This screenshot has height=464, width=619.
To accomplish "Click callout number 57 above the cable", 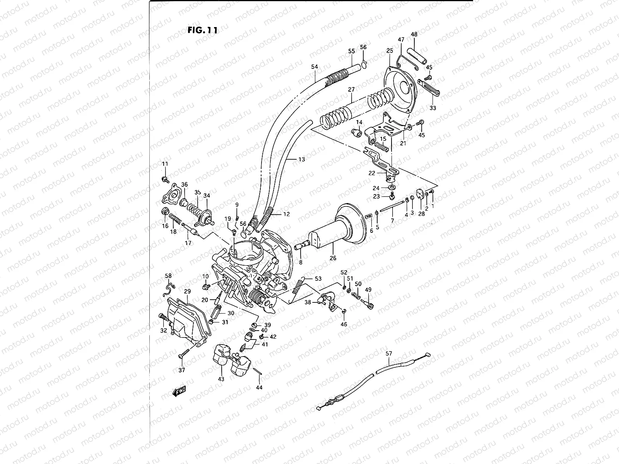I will pyautogui.click(x=389, y=353).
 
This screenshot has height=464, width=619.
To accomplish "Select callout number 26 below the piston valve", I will pyautogui.click(x=333, y=258).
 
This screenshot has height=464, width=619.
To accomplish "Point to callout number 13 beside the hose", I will pyautogui.click(x=301, y=159).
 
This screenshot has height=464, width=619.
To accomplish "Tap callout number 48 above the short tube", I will pyautogui.click(x=414, y=34).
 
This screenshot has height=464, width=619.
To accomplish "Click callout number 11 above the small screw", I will pyautogui.click(x=165, y=164).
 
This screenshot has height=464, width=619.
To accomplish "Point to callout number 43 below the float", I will pyautogui.click(x=221, y=379).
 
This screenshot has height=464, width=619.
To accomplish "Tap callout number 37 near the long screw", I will pyautogui.click(x=181, y=370).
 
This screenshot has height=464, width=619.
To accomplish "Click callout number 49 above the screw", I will pyautogui.click(x=368, y=290).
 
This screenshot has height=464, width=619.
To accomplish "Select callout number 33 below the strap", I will pyautogui.click(x=433, y=108).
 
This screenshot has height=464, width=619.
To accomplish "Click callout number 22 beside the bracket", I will pyautogui.click(x=372, y=173).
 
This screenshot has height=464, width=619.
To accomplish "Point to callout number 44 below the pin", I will pyautogui.click(x=259, y=387).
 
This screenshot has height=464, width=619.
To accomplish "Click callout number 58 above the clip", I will pyautogui.click(x=168, y=276).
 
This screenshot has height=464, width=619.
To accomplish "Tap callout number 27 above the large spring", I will pyautogui.click(x=351, y=90).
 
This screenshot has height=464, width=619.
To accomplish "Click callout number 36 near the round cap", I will pyautogui.click(x=184, y=184).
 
